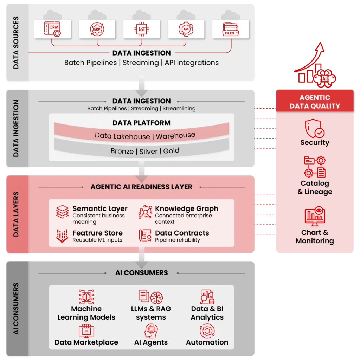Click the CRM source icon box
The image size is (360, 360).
tap(52, 28)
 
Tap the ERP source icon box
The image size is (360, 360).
tap(97, 28)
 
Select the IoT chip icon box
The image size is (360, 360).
tap(141, 28)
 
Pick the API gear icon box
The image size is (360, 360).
tap(186, 28)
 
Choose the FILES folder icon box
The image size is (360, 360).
tap(231, 28)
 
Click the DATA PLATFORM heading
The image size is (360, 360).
tap(141, 123)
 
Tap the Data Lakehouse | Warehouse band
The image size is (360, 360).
tap(145, 136)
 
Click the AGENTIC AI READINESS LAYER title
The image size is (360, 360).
tap(141, 187)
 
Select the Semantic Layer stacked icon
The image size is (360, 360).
tap(62, 212)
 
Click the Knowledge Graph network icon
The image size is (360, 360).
tap(145, 212)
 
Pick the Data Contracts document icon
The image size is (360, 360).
tap(145, 236)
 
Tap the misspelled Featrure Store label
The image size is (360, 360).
tap(97, 233)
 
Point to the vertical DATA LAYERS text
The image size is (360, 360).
tap(16, 214)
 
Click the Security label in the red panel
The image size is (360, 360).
tap(315, 142)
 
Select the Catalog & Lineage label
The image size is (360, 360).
tap(315, 187)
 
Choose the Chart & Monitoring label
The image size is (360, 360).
tap(315, 237)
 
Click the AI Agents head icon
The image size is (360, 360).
tap(151, 331)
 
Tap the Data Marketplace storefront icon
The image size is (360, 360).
tap(86, 331)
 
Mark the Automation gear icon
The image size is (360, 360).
tap(207, 331)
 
